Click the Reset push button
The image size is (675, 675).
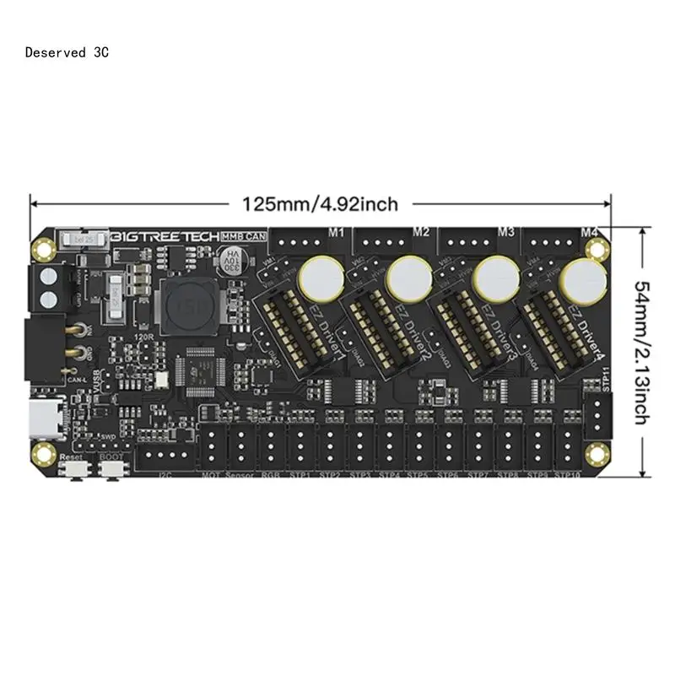coord(73,471)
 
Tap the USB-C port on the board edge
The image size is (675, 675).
coord(41,416)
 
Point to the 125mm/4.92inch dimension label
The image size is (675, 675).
coord(320,204)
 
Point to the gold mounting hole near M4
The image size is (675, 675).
coord(598,247)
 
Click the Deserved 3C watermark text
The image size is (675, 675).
coord(67,52)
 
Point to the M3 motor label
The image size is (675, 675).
coord(506,231)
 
